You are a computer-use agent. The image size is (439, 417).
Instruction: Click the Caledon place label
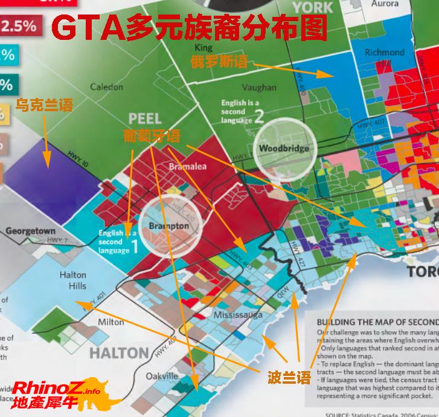pyautogui.click(x=106, y=87)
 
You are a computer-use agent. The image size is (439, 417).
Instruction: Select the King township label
pyautogui.click(x=204, y=48)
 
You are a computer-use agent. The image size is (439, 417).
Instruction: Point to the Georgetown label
pyautogui.click(x=30, y=231)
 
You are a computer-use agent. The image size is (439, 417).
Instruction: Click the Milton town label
pyautogui.click(x=111, y=322)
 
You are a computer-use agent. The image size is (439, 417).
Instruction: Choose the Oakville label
pyautogui.click(x=162, y=376)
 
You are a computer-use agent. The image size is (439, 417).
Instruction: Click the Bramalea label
pyautogui.click(x=188, y=166)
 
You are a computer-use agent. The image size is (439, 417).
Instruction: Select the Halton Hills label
pyautogui.click(x=72, y=280)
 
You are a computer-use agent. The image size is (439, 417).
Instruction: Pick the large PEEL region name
pyautogui.click(x=145, y=119)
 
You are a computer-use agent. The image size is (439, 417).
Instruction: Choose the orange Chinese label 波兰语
pyautogui.click(x=290, y=379)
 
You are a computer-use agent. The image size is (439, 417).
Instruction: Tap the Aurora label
pyautogui.click(x=385, y=4)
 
